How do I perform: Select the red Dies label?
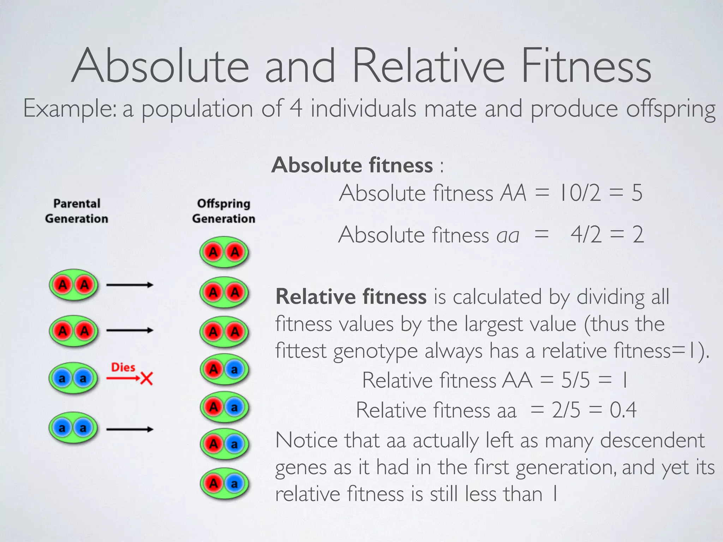[123, 367]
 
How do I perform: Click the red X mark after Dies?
[147, 379]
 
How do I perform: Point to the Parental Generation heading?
[77, 211]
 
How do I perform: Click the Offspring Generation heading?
[223, 211]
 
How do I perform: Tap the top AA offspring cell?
[224, 252]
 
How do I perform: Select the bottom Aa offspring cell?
[224, 483]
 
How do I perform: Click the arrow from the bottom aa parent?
[130, 429]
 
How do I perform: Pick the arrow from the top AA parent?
[130, 285]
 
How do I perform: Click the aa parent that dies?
[73, 379]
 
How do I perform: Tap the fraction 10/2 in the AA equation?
[580, 193]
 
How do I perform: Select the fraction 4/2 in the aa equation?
[586, 235]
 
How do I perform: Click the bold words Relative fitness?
[351, 296]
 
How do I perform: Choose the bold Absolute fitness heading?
[352, 165]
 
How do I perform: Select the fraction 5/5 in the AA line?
[575, 380]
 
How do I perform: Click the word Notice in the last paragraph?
[306, 440]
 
